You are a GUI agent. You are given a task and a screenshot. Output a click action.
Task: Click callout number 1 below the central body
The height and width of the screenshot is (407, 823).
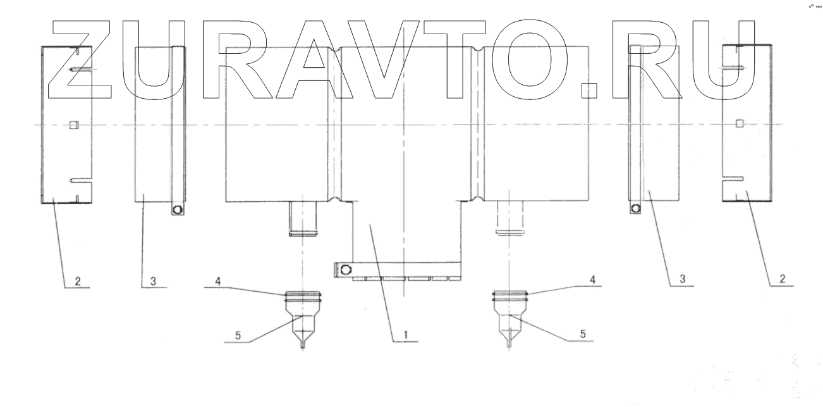point(406,335)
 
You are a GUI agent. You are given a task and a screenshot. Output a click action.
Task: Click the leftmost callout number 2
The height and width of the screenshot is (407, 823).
point(78,282)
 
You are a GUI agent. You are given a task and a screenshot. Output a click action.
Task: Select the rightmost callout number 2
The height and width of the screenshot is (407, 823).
point(782,279)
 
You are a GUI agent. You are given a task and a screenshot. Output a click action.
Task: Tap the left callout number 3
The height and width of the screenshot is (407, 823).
point(153,282)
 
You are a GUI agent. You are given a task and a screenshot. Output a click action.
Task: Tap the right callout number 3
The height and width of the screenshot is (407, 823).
point(682,279)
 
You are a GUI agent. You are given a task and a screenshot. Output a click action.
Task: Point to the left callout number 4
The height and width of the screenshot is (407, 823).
point(218,282)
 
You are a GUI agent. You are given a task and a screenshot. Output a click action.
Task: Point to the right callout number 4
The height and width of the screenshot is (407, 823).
point(592,280)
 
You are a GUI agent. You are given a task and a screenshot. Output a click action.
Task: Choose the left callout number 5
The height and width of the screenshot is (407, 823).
point(238,335)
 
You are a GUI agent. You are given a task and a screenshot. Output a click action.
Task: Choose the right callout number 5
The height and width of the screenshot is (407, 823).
point(583,334)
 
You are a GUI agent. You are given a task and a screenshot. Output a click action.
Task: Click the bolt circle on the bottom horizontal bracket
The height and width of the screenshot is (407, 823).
point(346,270)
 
